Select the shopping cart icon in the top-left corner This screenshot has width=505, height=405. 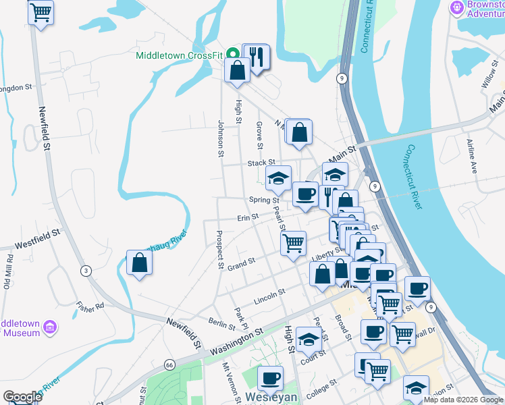tap(41, 11)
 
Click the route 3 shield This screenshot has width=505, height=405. tap(86, 271)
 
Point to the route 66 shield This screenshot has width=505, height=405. tap(169, 364)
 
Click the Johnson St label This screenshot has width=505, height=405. tap(221, 138)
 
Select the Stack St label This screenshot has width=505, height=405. tap(261, 163)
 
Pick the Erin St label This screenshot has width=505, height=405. tap(247, 217)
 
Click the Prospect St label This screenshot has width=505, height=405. tap(220, 250)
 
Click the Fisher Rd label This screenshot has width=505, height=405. tap(90, 306)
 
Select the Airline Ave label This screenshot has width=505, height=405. tap(471, 157)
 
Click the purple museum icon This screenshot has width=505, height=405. tap(49, 328)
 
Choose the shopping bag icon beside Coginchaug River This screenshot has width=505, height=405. tap(139, 263)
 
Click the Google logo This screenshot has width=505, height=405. tap(22, 397)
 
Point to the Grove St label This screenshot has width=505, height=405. tap(259, 134)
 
